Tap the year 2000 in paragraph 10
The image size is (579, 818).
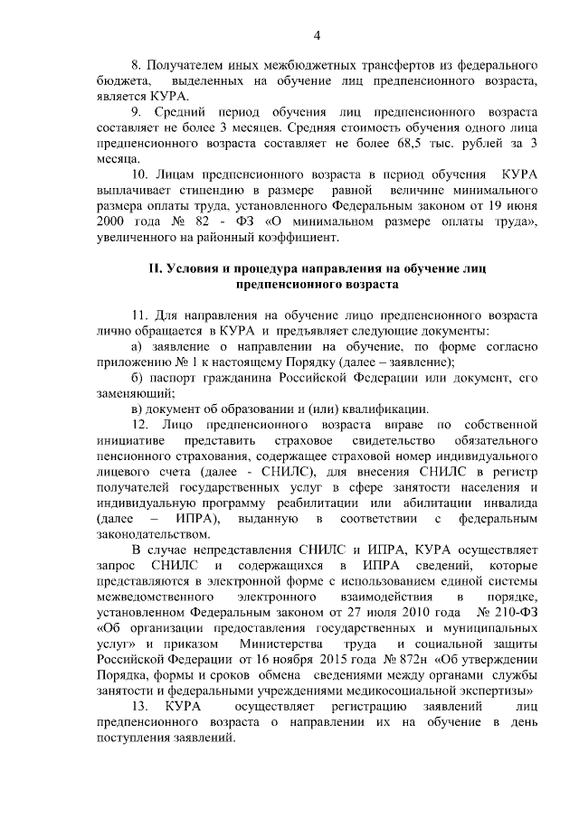pyautogui.click(x=112, y=221)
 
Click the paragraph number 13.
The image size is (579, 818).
pyautogui.click(x=141, y=706)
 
